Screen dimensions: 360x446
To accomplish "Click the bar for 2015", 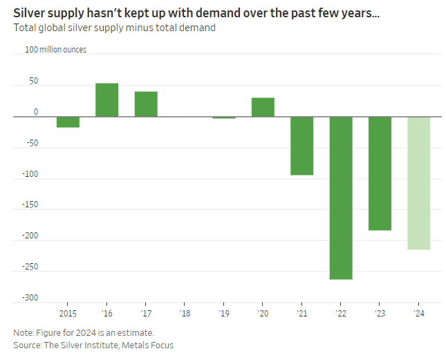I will pos(68,122).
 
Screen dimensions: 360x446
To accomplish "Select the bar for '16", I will pos(106,100).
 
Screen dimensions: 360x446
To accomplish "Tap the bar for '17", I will pos(146,104).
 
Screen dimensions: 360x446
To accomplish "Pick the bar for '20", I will pos(263,107).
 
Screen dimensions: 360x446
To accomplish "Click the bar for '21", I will pos(301,146).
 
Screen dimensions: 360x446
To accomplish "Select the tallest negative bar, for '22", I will pos(341,198).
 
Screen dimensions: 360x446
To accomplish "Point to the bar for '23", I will pos(380,173).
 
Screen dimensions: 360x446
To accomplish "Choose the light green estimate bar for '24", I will pos(419,183).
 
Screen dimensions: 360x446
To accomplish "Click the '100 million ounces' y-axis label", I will pos(55,50).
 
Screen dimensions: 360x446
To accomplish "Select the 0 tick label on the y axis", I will pos(35,112).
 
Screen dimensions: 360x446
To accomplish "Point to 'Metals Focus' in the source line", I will pos(147,344).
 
